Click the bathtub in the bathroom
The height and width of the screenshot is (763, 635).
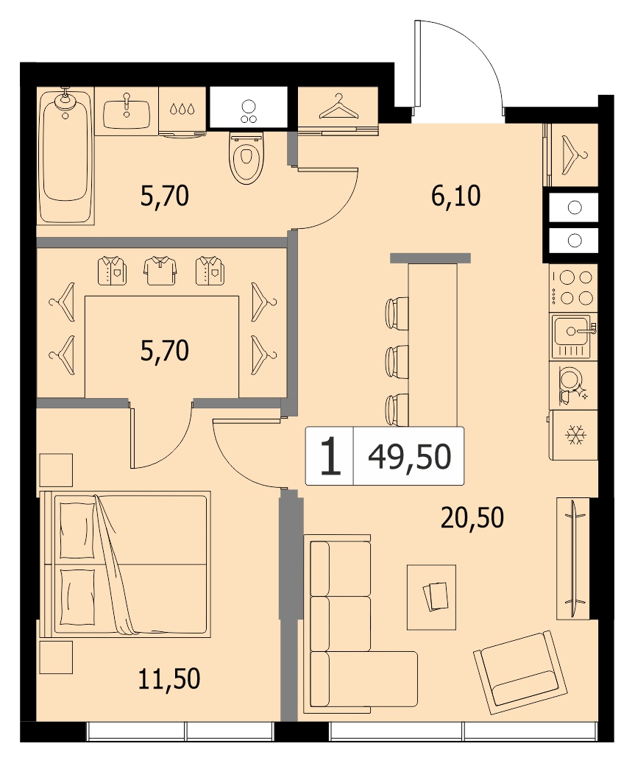[65, 156]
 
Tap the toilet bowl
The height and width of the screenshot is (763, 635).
[246, 157]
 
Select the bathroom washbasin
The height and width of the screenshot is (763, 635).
[127, 111]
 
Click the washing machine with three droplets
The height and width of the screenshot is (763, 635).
[182, 111]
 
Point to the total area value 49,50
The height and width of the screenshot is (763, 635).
[410, 457]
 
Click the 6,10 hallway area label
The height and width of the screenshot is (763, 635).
[456, 196]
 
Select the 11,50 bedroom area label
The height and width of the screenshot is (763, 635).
[169, 678]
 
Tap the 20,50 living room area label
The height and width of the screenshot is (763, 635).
[472, 517]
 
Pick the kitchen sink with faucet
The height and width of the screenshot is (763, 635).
[572, 336]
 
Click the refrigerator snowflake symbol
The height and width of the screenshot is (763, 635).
[575, 435]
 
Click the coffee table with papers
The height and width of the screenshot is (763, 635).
[432, 597]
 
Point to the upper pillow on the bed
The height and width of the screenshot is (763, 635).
[77, 530]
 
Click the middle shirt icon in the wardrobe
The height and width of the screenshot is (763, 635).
[160, 271]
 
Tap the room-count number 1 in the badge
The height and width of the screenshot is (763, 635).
[330, 456]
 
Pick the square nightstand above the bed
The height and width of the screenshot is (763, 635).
[56, 470]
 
